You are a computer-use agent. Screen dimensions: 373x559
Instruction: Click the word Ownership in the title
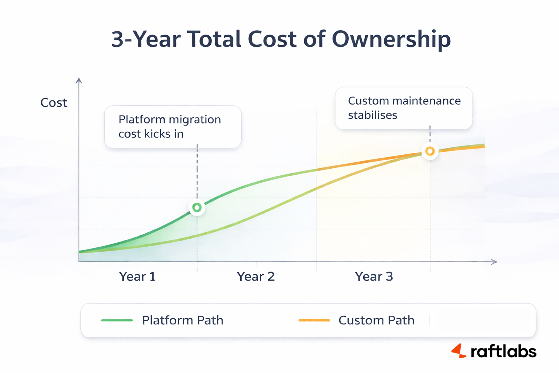pyautogui.click(x=391, y=40)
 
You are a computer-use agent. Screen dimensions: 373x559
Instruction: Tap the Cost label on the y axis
pyautogui.click(x=54, y=103)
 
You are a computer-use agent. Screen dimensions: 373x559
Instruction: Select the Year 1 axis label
pyautogui.click(x=137, y=276)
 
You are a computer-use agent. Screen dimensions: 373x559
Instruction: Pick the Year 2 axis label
pyautogui.click(x=256, y=276)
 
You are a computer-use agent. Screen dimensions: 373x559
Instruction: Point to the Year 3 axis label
pyautogui.click(x=374, y=276)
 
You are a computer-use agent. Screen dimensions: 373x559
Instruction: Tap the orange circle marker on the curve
pyautogui.click(x=430, y=151)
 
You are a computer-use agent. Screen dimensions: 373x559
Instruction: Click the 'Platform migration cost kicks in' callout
pyautogui.click(x=173, y=127)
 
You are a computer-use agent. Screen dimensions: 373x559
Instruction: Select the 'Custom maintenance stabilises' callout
pyautogui.click(x=404, y=108)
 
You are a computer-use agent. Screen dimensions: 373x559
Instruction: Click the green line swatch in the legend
pyautogui.click(x=117, y=320)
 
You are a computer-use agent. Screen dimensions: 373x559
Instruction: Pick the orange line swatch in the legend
pyautogui.click(x=314, y=320)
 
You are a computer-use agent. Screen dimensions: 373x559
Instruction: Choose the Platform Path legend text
pyautogui.click(x=183, y=320)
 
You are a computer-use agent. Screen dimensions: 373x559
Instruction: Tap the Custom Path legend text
pyautogui.click(x=376, y=320)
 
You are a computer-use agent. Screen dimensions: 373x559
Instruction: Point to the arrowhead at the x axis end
pyautogui.click(x=495, y=262)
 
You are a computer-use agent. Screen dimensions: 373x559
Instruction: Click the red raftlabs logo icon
pyautogui.click(x=459, y=351)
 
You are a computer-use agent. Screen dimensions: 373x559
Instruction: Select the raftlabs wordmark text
pyautogui.click(x=503, y=351)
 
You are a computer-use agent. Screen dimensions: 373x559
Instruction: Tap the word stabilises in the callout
pyautogui.click(x=373, y=115)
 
